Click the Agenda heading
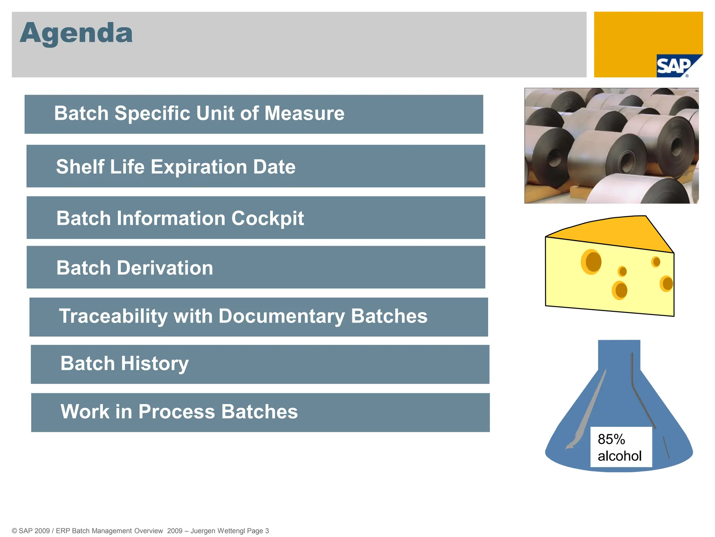(x=76, y=33)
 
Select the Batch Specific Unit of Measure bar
(x=253, y=114)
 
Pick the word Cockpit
(x=267, y=218)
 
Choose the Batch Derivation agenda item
(x=135, y=268)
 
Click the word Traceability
(x=113, y=316)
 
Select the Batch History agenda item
(x=125, y=364)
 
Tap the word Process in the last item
(x=176, y=411)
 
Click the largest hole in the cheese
(x=592, y=262)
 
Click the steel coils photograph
(x=611, y=145)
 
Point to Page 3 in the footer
(x=258, y=531)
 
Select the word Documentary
(x=282, y=316)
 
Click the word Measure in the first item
(x=304, y=113)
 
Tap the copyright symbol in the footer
(x=14, y=531)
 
